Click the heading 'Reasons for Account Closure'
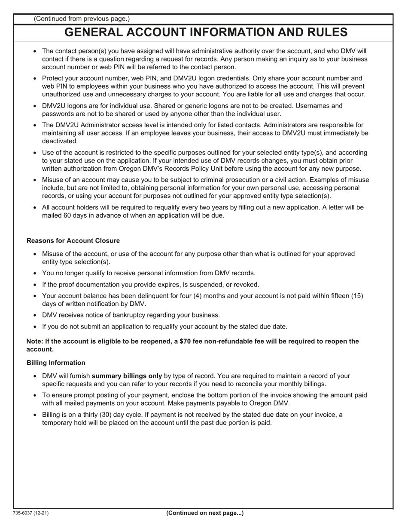73,241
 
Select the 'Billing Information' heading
56,363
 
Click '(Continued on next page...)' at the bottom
205,513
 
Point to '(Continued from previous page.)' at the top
82,18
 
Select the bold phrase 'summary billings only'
127,376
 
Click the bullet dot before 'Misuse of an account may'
35,180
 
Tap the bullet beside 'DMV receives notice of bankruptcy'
35,315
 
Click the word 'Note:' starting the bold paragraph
35,341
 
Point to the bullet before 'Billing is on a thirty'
35,415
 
